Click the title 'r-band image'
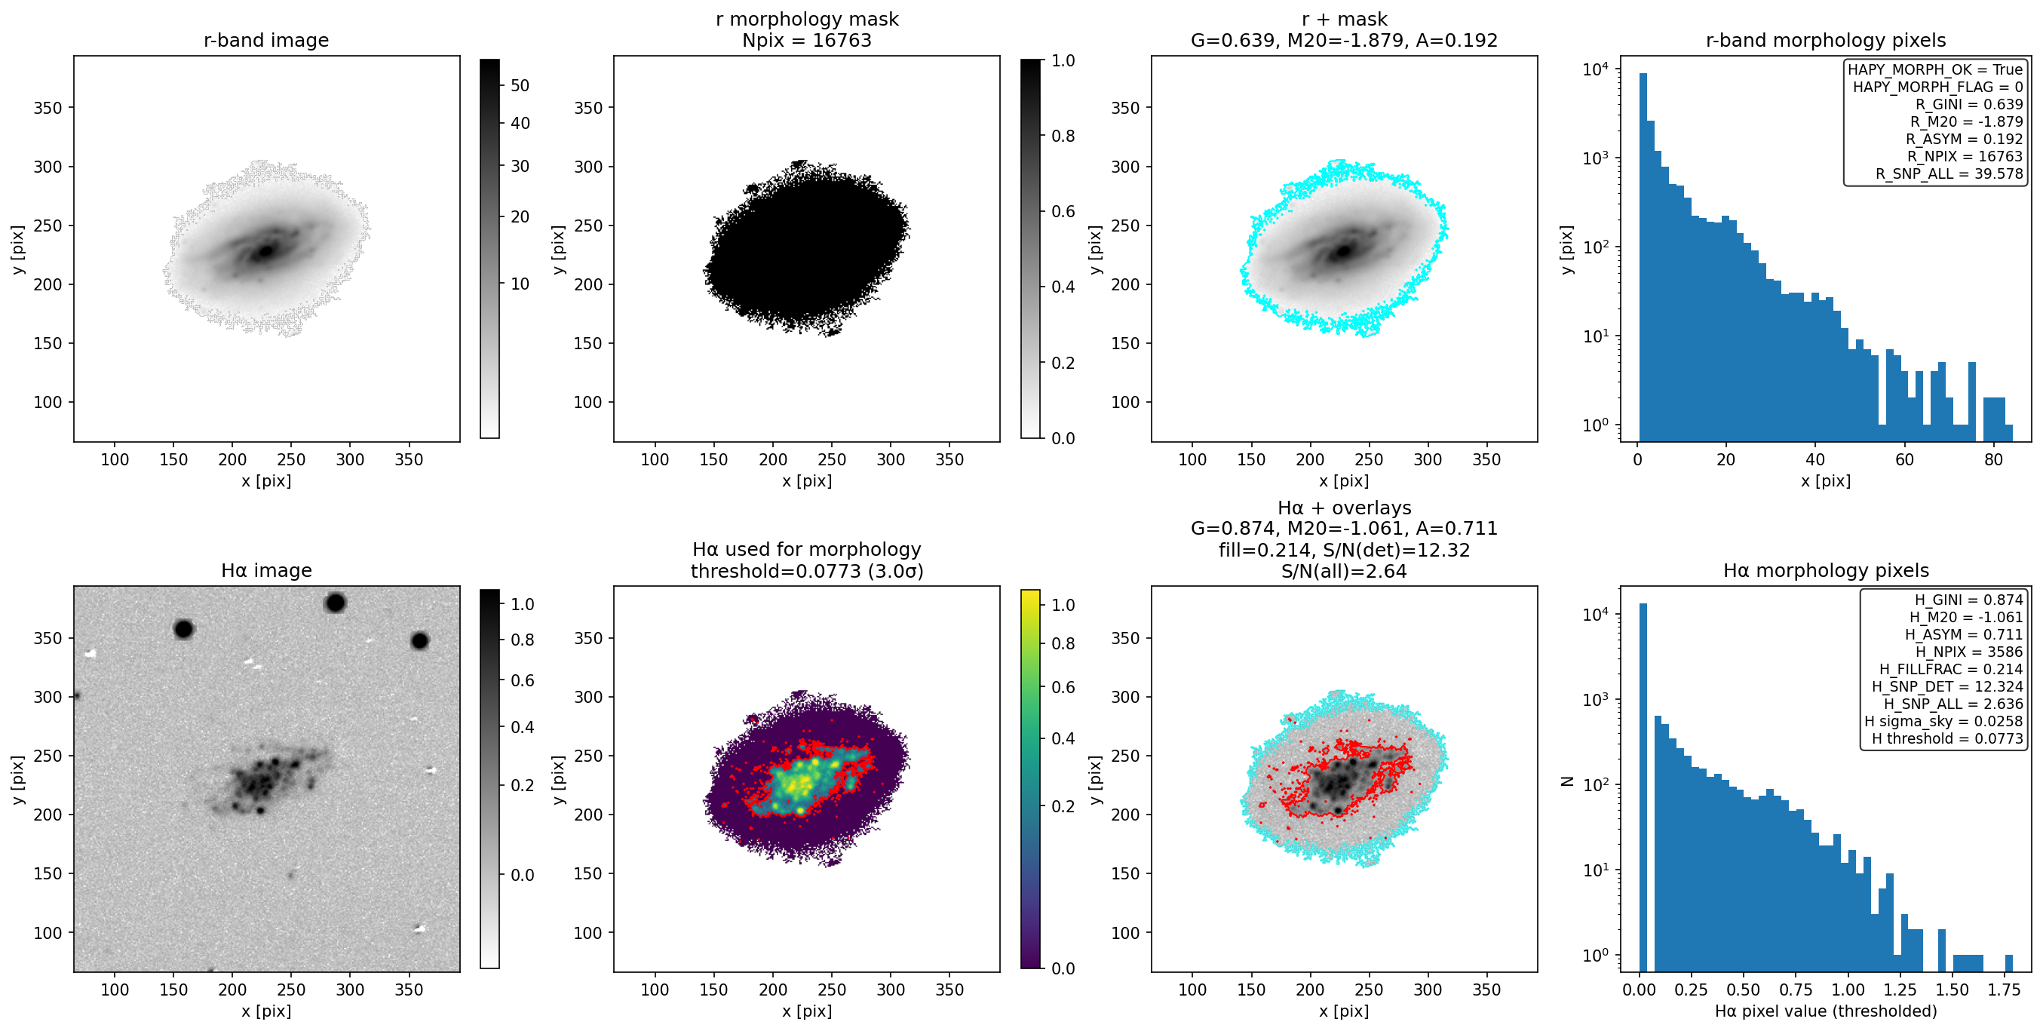(x=265, y=41)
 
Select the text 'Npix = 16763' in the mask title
(x=807, y=41)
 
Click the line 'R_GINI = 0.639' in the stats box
(x=1969, y=105)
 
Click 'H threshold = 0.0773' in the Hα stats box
(x=1947, y=739)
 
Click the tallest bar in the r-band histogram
(x=1643, y=257)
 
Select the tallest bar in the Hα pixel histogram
(x=1643, y=787)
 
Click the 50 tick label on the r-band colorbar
(x=520, y=86)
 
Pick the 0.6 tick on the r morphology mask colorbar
(x=1063, y=212)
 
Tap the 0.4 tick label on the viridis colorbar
(x=1063, y=739)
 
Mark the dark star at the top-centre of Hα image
(x=335, y=603)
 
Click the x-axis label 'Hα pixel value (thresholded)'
(x=1826, y=1011)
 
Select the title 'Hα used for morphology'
(x=807, y=550)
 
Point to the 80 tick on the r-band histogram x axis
(x=1993, y=460)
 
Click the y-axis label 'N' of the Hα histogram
(x=1567, y=781)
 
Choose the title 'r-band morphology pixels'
(x=1826, y=41)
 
